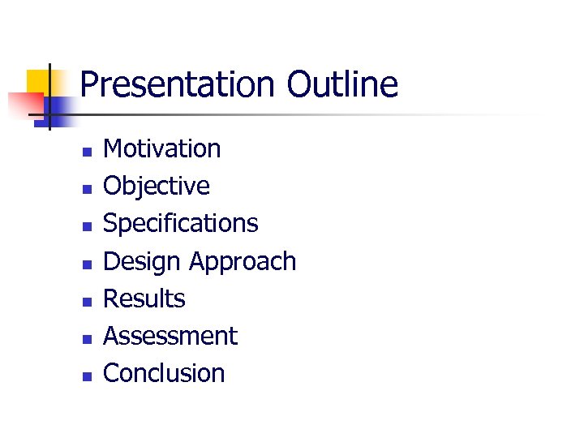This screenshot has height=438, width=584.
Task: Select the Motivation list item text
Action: (x=162, y=148)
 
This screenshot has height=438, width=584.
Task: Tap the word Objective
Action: (x=157, y=186)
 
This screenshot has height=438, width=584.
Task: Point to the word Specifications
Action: (x=181, y=223)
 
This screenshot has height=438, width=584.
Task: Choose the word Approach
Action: (x=243, y=261)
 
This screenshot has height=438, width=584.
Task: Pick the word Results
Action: (x=144, y=298)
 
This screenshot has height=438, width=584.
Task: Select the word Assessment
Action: (x=170, y=336)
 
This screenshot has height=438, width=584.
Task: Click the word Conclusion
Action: (x=164, y=373)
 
